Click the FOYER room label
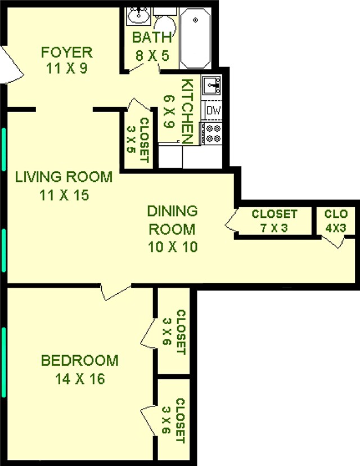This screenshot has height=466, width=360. tap(66, 53)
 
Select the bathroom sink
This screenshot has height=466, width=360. tap(137, 16)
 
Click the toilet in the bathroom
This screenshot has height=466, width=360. tap(165, 25)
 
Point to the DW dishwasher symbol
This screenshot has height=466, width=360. tap(213, 110)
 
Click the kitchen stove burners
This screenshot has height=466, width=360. tap(213, 133)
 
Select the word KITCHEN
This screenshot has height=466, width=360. tap(187, 111)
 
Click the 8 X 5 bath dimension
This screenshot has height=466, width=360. tap(151, 56)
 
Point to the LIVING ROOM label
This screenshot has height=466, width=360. tap(64, 177)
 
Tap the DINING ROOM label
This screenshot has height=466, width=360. tap(173, 220)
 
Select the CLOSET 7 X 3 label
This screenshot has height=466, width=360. tap(274, 219)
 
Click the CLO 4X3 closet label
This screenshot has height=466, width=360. tap(336, 219)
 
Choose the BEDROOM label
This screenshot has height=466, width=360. tap(80, 360)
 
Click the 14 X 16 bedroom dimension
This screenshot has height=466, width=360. tap(80, 379)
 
